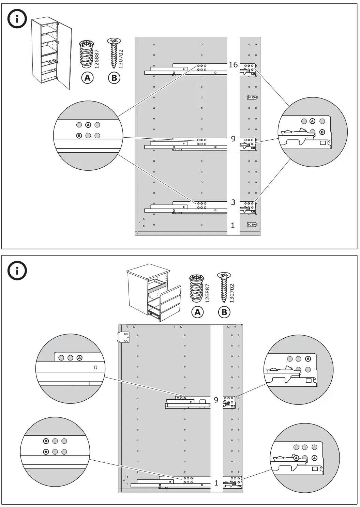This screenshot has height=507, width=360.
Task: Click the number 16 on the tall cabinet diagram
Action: coord(233,65)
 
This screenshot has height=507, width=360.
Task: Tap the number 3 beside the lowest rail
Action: coord(233,202)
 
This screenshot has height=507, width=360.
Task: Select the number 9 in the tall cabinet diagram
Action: coord(233,139)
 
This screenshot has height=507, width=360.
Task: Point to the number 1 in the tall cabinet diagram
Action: coord(233,226)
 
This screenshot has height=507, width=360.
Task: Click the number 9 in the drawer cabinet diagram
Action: coord(216,400)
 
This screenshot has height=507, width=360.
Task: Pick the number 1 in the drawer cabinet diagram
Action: coord(216,483)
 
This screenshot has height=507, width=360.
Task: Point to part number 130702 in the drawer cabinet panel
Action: coord(232,293)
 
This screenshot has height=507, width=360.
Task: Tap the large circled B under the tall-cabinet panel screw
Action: coord(114,78)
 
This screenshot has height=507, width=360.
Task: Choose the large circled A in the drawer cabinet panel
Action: coord(198,312)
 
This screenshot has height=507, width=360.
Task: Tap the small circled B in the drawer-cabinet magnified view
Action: coord(46,441)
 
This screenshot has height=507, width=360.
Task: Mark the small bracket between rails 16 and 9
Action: coord(252,98)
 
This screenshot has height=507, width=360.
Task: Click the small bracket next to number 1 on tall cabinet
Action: coord(252,225)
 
